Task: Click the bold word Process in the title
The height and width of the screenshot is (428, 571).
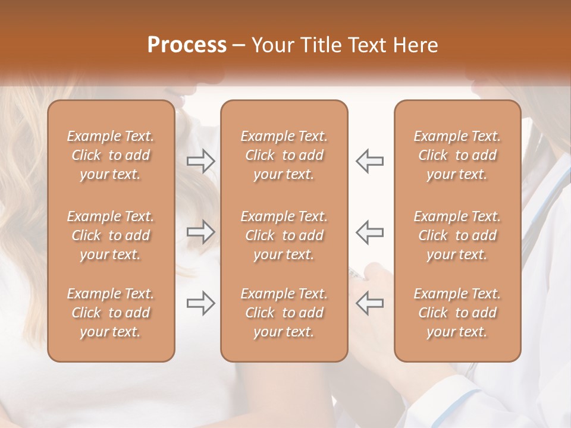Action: click(187, 45)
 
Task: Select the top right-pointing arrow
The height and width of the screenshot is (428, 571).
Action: click(200, 160)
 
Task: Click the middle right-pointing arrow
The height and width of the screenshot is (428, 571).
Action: click(200, 232)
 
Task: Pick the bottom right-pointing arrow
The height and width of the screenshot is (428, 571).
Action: click(200, 304)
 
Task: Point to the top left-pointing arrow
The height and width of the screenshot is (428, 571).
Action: click(370, 160)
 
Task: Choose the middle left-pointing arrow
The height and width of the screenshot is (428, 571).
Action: click(370, 232)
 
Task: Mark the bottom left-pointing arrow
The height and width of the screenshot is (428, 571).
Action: click(370, 304)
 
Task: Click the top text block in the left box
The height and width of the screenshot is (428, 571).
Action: click(111, 155)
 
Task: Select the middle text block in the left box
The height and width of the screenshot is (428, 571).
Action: click(111, 235)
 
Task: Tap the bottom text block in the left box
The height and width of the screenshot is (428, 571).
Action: click(111, 313)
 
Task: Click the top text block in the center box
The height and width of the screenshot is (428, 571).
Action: click(284, 155)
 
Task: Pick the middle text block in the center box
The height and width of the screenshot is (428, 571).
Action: click(284, 235)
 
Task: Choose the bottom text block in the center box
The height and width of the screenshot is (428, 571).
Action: click(284, 313)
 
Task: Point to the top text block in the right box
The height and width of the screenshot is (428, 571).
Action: click(457, 155)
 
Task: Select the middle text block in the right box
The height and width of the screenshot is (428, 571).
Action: click(457, 235)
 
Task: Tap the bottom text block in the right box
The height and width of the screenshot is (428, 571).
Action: click(457, 313)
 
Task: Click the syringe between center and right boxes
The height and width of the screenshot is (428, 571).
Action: click(356, 273)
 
